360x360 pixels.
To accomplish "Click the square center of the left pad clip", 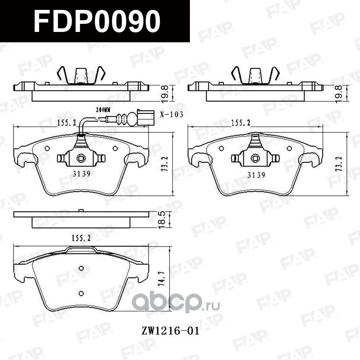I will (81, 157).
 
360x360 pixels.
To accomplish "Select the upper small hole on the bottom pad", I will (81, 269).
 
